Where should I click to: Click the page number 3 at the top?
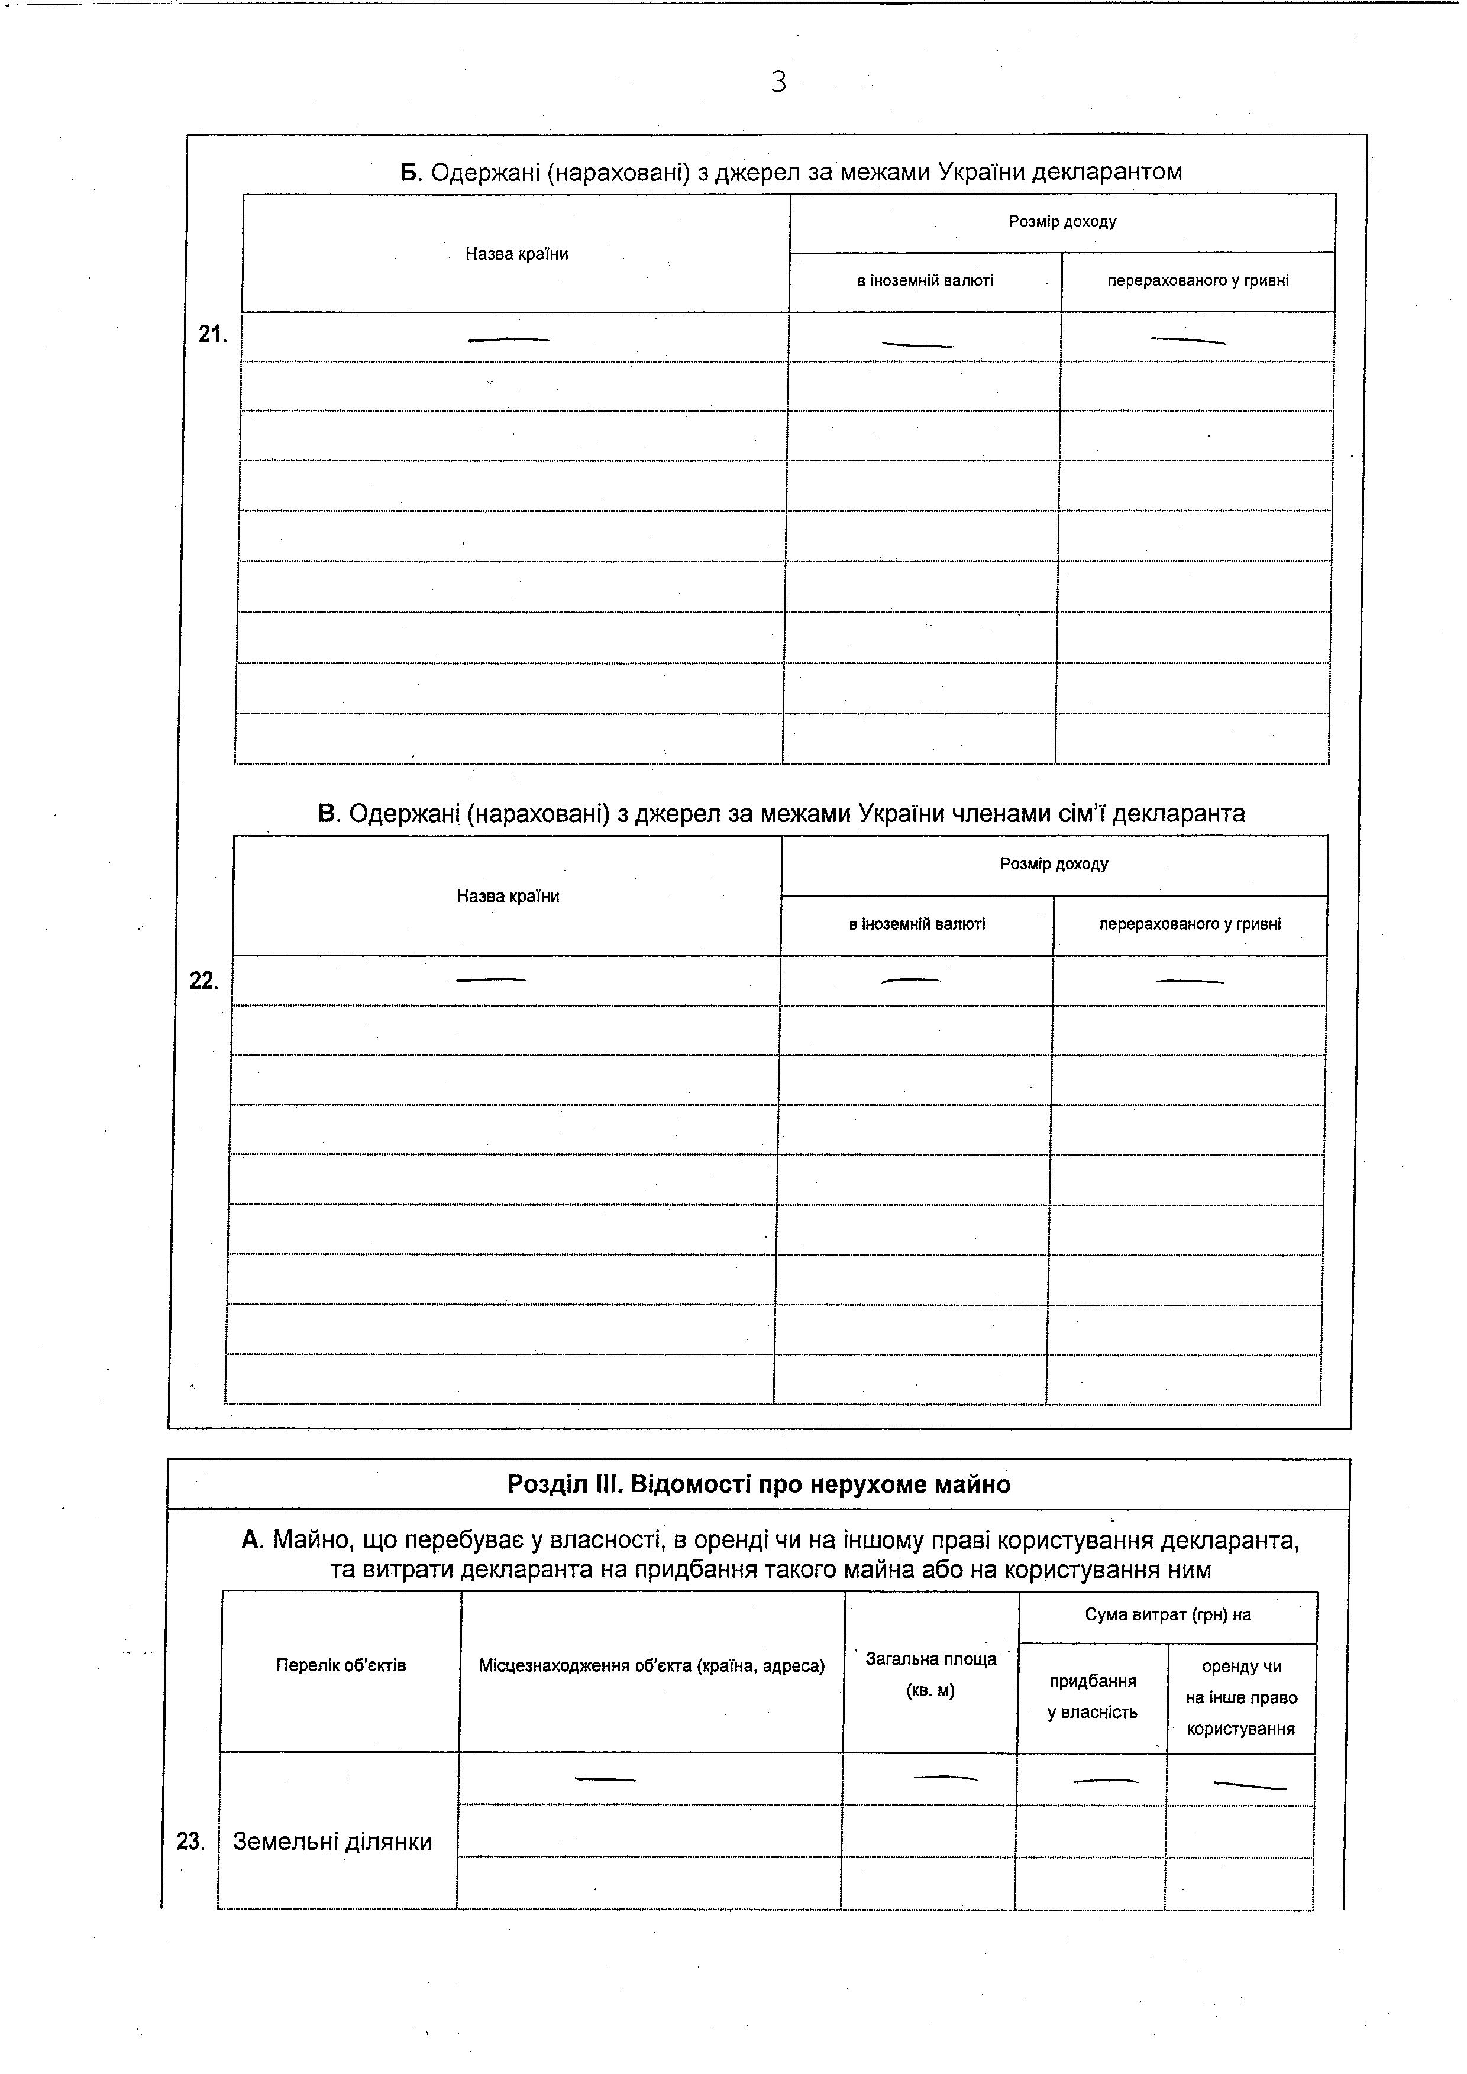pos(778,82)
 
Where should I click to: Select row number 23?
pos(190,1841)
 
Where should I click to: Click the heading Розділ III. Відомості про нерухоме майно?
pos(759,1484)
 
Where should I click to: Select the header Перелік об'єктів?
pos(341,1665)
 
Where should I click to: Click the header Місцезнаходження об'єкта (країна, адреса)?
pos(651,1665)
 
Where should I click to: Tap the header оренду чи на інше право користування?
pos(1241,1697)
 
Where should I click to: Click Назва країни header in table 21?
pos(516,254)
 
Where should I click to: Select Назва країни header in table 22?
pos(508,896)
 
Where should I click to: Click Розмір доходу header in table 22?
pos(1054,863)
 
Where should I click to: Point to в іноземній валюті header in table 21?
pos(925,281)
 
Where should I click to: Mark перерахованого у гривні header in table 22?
pos(1190,924)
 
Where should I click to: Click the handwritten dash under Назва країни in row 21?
pos(509,339)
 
